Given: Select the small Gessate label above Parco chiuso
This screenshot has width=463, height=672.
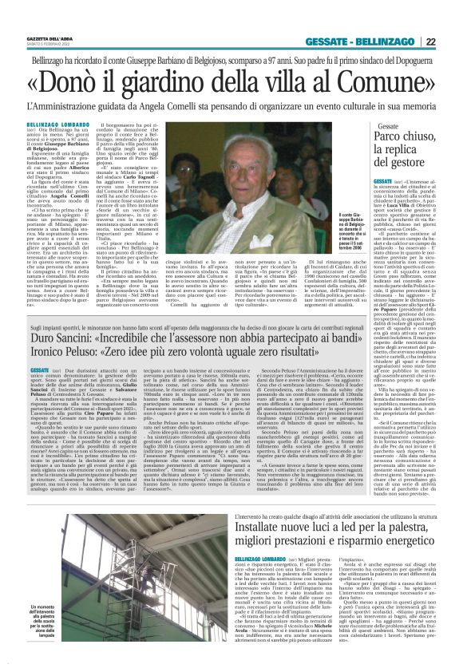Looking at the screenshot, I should point(366,126).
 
